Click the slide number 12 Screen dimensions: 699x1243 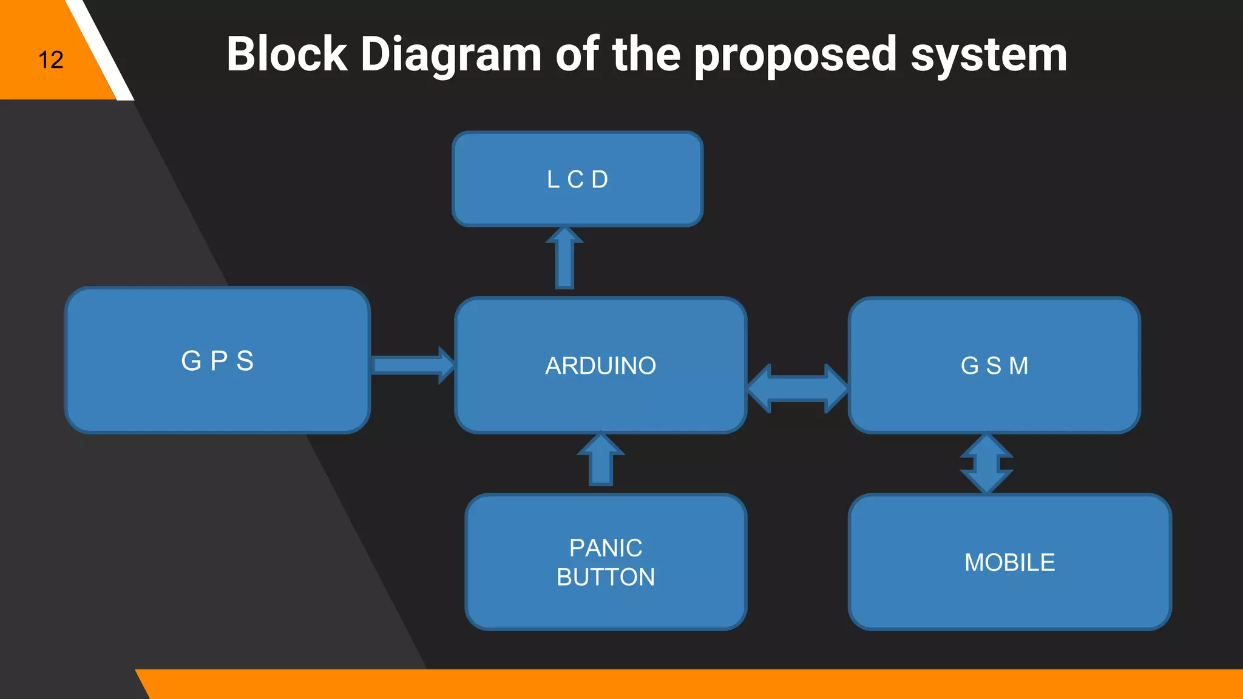51,60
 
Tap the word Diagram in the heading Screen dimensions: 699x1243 451,55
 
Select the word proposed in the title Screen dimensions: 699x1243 795,55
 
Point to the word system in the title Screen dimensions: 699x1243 989,55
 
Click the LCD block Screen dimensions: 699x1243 577,179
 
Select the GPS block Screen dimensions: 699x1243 217,360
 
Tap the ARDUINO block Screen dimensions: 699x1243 600,365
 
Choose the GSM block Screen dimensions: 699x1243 994,365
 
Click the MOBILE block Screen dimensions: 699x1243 1009,562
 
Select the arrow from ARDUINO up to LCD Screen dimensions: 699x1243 564,258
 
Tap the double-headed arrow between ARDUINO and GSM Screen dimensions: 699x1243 798,388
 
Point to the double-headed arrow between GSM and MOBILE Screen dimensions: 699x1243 986,464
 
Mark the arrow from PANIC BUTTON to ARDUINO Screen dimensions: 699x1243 601,460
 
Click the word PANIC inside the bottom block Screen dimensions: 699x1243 606,548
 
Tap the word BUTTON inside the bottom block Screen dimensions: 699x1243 606,576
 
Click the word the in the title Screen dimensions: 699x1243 646,54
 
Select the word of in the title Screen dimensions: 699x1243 577,54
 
